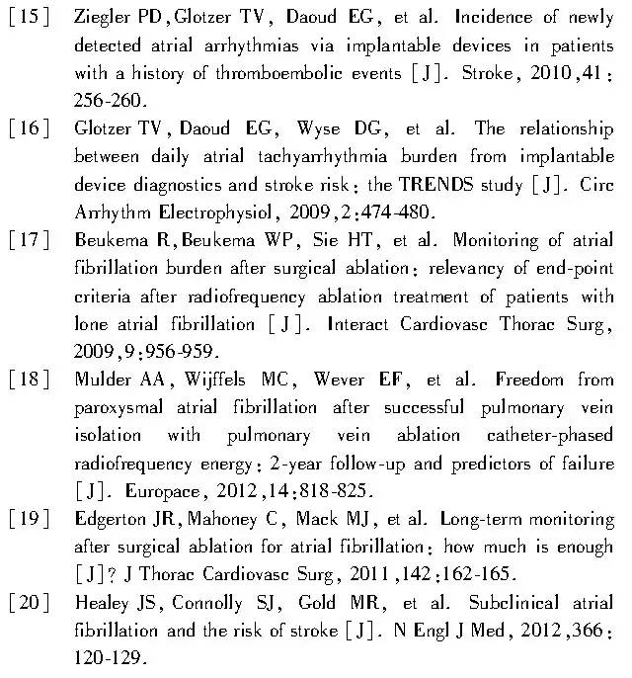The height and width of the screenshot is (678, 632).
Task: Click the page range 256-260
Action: [x=109, y=101]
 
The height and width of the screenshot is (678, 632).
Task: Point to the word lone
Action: [x=90, y=323]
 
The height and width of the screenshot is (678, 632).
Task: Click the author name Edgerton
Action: [x=105, y=518]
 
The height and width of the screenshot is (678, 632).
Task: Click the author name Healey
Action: [x=97, y=602]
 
